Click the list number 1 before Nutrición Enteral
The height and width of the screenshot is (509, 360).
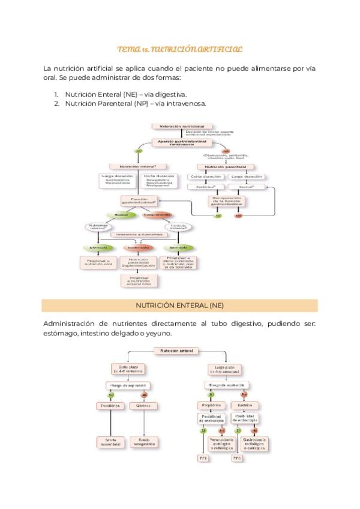pos(56,94)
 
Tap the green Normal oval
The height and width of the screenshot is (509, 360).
pos(121,214)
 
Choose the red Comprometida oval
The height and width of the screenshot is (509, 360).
pos(158,214)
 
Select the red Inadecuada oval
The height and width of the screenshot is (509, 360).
pos(138,248)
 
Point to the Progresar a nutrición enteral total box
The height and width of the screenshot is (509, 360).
pos(138,280)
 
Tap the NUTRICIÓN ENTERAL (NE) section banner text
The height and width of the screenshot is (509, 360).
pos(179,306)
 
